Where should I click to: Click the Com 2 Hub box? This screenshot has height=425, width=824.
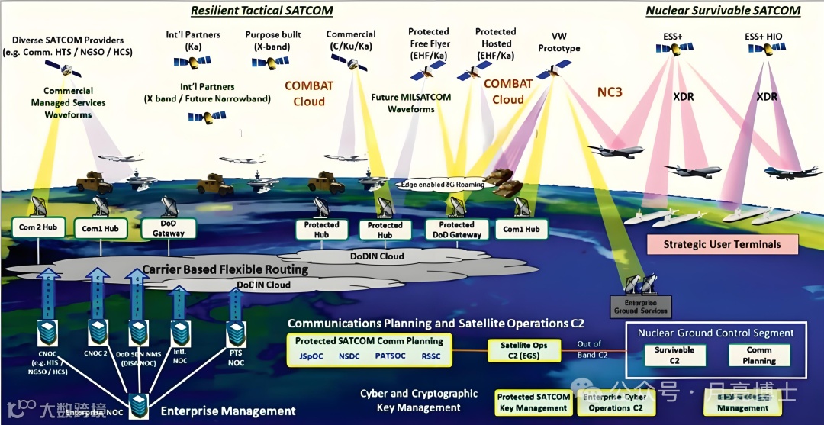click(37, 227)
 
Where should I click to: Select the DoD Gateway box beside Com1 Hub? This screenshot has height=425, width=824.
click(169, 228)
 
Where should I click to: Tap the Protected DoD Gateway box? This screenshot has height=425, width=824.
click(456, 229)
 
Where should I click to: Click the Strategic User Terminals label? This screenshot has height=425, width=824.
click(722, 244)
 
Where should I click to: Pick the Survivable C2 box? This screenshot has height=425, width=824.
click(674, 355)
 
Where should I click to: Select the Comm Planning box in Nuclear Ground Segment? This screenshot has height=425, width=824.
click(759, 355)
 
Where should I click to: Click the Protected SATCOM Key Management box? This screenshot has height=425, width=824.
click(533, 402)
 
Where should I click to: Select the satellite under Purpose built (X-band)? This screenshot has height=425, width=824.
click(270, 61)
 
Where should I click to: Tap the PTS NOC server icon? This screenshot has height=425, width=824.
click(236, 333)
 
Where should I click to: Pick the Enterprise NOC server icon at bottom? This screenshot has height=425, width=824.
click(139, 405)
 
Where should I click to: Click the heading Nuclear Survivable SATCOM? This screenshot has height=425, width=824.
click(723, 11)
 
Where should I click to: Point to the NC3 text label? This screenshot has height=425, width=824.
click(610, 92)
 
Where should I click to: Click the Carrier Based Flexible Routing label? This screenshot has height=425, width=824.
click(225, 269)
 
